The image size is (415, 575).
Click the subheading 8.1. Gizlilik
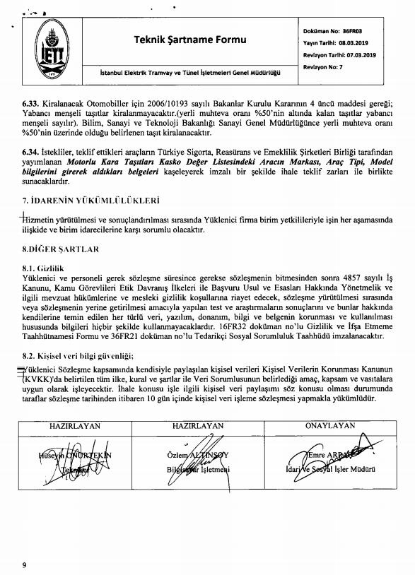point(43,269)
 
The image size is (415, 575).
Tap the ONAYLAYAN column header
point(330,427)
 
